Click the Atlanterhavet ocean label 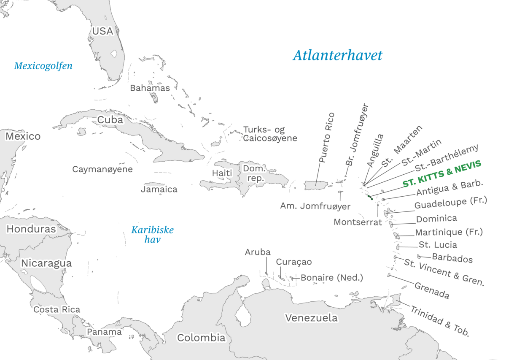click(x=337, y=55)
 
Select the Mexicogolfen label click(x=43, y=66)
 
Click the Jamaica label click(x=159, y=189)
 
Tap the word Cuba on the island click(x=110, y=120)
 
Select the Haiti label click(x=222, y=173)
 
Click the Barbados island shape click(x=420, y=256)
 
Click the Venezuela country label click(x=311, y=318)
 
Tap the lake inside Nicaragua click(x=38, y=284)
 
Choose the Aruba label click(x=258, y=252)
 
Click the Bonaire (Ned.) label click(x=331, y=278)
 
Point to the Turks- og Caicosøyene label click(x=270, y=134)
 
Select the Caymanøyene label click(x=102, y=169)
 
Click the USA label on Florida click(x=103, y=31)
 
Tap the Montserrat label click(x=358, y=222)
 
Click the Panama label click(x=104, y=332)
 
